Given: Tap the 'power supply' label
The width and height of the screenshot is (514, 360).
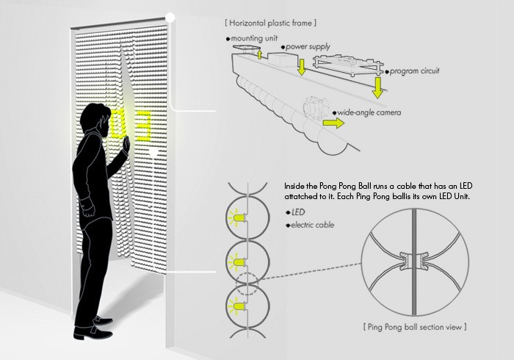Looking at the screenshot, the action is coord(304,46).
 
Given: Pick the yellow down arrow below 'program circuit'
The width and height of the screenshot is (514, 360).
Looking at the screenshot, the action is coord(378,87).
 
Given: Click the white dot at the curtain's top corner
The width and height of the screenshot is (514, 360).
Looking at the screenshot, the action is coord(170,16).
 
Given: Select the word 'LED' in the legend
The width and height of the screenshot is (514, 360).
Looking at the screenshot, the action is coord(299,212).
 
